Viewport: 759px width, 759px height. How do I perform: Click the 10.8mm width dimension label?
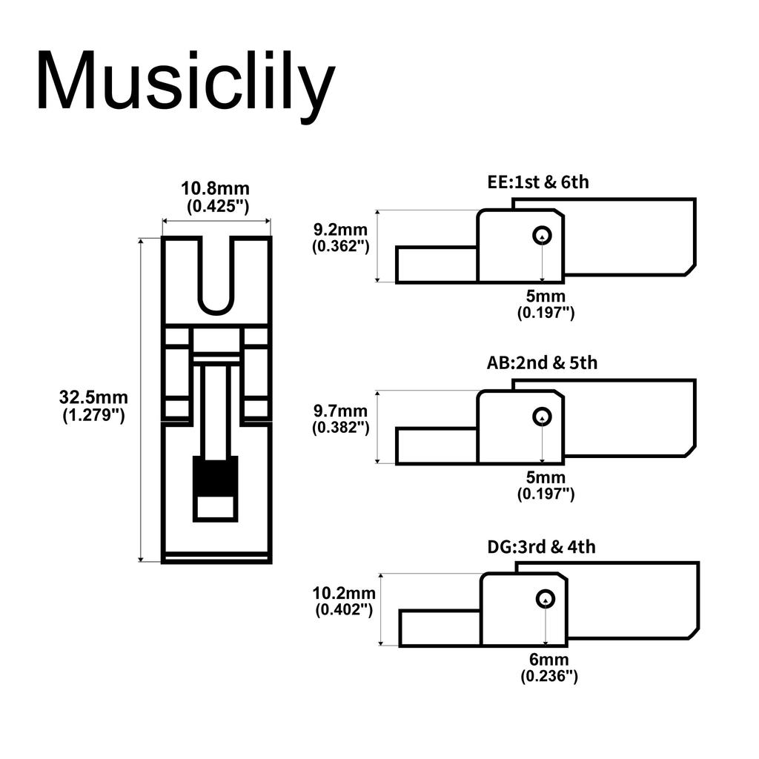coord(216,189)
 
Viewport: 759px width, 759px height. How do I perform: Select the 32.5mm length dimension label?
coord(93,397)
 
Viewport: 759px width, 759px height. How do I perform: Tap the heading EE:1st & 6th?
coord(538,182)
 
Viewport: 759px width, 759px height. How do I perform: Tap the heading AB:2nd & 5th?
coord(542,363)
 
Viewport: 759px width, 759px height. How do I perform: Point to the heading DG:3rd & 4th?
coord(541,547)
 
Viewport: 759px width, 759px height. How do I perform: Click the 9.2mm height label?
coord(340,228)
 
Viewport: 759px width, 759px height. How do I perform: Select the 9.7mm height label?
coord(340,410)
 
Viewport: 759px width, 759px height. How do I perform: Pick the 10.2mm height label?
coord(344,593)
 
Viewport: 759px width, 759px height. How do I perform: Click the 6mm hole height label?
coord(548,660)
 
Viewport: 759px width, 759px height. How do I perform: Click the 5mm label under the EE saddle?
coord(546,296)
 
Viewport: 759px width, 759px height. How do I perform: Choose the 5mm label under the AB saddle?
coord(546,477)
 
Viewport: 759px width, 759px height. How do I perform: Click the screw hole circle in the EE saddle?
coord(543,235)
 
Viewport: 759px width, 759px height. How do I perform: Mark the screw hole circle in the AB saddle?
coord(543,417)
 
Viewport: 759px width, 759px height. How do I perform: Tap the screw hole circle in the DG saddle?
coord(546,599)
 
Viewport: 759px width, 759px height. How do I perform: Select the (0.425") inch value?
coord(216,207)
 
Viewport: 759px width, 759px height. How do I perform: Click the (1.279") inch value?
coord(93,415)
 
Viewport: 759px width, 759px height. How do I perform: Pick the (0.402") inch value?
coord(344,610)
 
